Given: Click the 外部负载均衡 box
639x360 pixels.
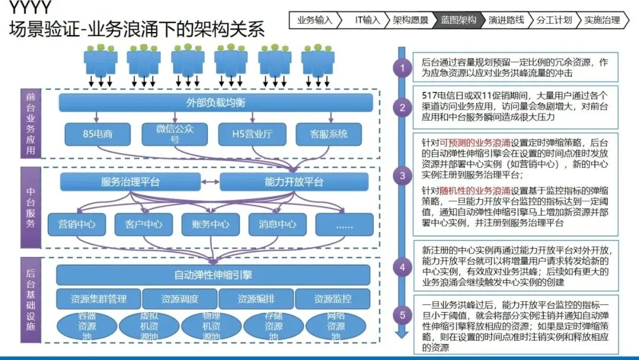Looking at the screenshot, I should pos(216,103).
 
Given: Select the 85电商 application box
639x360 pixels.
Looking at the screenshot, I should pos(98,134).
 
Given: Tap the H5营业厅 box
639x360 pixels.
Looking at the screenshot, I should pos(252,134).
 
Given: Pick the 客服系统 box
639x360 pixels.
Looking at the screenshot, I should pos(329,134).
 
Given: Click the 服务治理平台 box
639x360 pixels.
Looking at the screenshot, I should pos(130,182).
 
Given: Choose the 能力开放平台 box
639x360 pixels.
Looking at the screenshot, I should pos(294,182).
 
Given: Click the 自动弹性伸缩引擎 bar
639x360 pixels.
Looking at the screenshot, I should pos(213,275).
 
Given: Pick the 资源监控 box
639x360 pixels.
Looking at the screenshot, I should pos(333,298).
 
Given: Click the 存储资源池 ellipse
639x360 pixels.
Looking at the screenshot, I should pos(273,326).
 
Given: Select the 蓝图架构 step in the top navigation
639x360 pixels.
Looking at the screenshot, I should pos(459,20).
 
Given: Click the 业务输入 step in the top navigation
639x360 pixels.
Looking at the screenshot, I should pos(315,20).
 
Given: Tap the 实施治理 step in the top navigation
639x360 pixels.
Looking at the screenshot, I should pos(601,20).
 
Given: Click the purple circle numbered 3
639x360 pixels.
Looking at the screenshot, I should pos(402,176).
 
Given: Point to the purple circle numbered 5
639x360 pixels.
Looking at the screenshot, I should pos(402,315).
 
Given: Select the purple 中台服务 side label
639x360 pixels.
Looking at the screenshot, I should pos(31,208).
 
